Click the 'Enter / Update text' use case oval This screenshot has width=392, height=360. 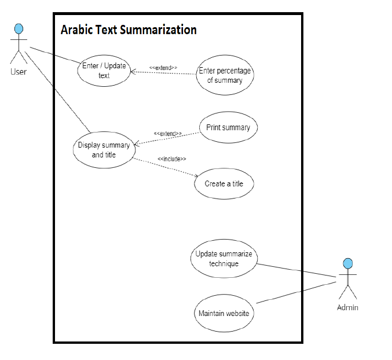(104, 71)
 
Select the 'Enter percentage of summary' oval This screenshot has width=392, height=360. (225, 75)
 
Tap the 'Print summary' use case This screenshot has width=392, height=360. (228, 127)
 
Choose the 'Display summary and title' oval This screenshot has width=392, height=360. (104, 150)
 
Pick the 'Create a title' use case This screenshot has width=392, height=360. (224, 184)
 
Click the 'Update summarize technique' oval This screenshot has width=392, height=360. (224, 259)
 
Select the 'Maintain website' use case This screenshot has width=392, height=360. (224, 314)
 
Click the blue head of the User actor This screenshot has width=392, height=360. (19, 28)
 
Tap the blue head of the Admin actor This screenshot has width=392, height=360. (347, 264)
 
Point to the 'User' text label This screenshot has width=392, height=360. (19, 72)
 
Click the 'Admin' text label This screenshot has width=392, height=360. (347, 307)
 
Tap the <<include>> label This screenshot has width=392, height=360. (172, 159)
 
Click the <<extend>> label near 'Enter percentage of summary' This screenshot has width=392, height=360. (163, 68)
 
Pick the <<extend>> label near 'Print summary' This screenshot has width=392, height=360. (168, 134)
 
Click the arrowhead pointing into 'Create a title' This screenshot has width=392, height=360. (196, 177)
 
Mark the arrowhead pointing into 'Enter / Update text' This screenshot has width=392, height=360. (133, 72)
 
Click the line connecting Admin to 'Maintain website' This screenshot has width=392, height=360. (295, 293)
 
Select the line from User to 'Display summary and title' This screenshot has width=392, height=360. (58, 93)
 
